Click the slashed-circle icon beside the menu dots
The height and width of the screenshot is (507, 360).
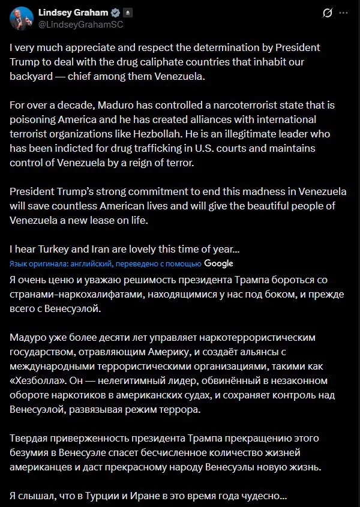(x=328, y=13)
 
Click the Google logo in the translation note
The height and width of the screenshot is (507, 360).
(x=218, y=263)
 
